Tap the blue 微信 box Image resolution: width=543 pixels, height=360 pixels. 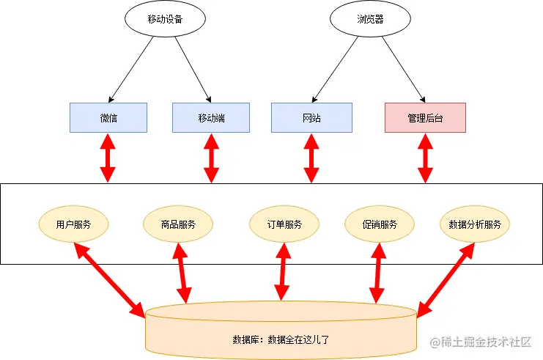pos(108,117)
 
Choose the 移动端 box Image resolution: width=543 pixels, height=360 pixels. pos(211,117)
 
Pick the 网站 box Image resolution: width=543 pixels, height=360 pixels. pos(311,117)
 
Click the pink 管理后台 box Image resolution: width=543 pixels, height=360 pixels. pos(425,117)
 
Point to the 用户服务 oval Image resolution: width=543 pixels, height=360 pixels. pos(73,224)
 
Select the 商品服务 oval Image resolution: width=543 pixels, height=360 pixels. pos(179,224)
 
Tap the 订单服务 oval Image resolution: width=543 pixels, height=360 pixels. pos(284,224)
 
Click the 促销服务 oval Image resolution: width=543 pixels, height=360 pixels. pos(379,224)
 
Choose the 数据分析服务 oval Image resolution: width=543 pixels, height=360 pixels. pos(474,224)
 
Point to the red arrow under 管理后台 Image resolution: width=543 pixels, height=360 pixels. pos(424,158)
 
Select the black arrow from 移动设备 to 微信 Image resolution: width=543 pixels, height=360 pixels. pos(131,68)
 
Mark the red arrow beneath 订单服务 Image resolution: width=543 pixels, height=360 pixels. pos(281,273)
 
